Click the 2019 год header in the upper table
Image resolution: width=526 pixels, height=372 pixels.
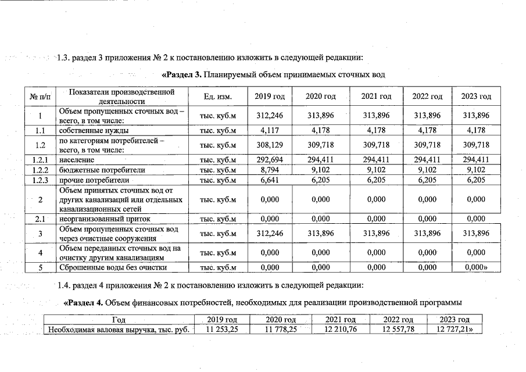click(x=270, y=96)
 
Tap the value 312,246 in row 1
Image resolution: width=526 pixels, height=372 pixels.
click(x=270, y=115)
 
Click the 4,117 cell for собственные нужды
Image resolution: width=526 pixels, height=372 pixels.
click(x=270, y=130)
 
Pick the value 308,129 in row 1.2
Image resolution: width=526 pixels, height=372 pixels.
click(x=270, y=145)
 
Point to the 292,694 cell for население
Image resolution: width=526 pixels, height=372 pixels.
click(x=270, y=159)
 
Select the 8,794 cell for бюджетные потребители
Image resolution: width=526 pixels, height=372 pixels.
click(x=270, y=170)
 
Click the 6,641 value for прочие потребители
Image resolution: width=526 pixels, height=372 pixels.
click(x=270, y=180)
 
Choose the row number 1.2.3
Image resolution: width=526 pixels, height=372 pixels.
click(x=40, y=180)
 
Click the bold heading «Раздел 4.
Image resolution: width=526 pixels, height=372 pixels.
click(x=85, y=302)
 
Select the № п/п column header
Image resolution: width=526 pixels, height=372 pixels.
click(x=40, y=96)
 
